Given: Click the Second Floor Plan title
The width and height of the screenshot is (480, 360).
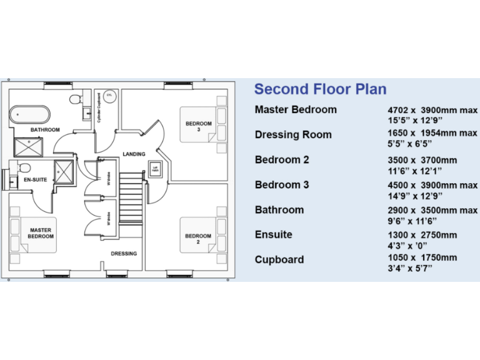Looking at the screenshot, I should [x=320, y=89].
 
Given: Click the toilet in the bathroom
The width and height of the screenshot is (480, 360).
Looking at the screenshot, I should [x=74, y=100].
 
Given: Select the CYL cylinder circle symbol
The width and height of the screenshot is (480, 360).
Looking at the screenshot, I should [x=109, y=95].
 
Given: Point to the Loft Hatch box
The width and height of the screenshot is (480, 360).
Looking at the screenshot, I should [x=156, y=169].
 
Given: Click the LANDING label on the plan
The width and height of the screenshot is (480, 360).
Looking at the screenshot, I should [x=134, y=154].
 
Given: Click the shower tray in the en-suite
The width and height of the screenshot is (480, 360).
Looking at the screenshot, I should [x=64, y=171].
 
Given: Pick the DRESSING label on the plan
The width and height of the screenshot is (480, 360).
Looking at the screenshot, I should [x=124, y=254].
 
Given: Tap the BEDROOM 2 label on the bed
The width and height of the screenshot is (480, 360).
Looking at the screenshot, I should [x=198, y=239].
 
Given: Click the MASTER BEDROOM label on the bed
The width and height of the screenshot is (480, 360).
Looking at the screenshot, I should [x=41, y=234].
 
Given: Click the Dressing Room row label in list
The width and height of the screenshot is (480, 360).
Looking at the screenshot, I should [x=293, y=135].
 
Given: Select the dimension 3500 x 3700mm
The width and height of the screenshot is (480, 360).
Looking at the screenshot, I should [x=422, y=160].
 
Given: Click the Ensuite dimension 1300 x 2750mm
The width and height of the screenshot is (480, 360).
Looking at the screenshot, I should [x=422, y=235].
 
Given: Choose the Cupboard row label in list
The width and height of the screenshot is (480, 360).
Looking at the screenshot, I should [x=279, y=260].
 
